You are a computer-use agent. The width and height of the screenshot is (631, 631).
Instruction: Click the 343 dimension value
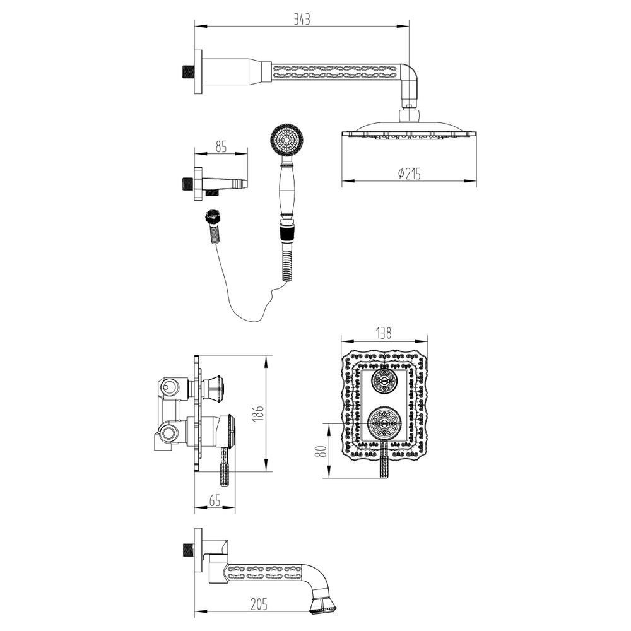[302, 19]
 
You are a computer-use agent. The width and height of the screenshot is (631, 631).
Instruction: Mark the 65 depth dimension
[215, 501]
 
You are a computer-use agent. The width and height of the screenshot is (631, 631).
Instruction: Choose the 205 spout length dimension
[258, 604]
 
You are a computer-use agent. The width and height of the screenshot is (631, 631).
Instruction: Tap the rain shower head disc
[409, 133]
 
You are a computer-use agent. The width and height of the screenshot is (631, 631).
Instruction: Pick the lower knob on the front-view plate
[384, 423]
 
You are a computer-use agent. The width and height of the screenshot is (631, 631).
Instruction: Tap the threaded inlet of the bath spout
[187, 549]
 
